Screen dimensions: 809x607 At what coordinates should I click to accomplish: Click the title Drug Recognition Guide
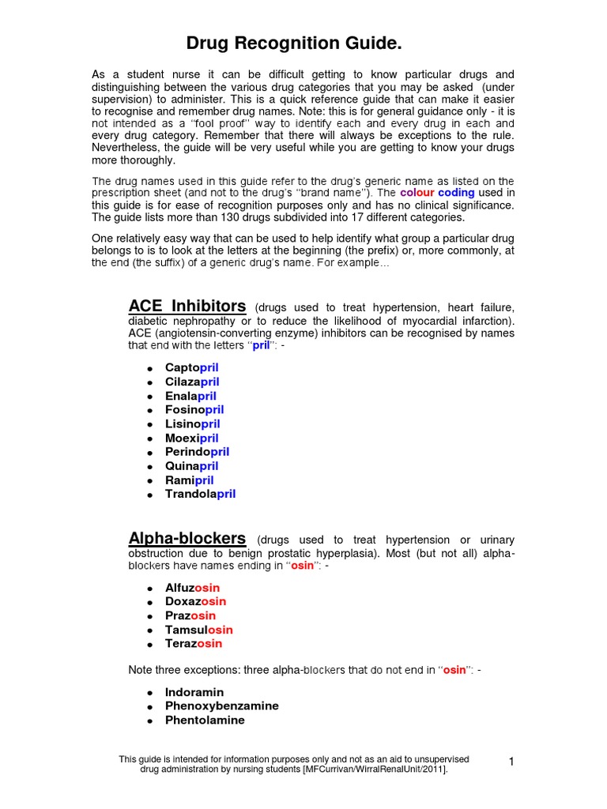tap(303, 43)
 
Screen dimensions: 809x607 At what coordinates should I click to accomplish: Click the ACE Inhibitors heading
tap(187, 306)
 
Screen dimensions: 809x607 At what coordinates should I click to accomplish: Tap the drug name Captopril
tap(191, 367)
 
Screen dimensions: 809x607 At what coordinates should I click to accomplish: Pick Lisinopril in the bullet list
tap(192, 423)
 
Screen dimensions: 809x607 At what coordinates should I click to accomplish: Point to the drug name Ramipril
tap(189, 480)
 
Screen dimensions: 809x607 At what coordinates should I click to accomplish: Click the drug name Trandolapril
tap(200, 494)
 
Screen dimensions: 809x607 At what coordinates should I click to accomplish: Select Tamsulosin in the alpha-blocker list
tap(198, 630)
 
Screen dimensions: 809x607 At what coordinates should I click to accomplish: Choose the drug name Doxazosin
tap(195, 601)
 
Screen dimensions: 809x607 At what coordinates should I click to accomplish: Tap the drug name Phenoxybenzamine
tap(221, 706)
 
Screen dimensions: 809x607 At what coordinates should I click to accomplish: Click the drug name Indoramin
tap(194, 692)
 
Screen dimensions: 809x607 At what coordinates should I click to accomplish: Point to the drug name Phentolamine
tap(205, 720)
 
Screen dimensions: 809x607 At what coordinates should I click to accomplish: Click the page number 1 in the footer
tap(511, 762)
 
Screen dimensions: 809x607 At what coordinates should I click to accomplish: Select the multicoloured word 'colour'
tap(417, 193)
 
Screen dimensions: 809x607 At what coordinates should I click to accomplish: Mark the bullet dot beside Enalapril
tap(149, 397)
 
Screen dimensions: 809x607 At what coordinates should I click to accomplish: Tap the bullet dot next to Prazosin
tap(149, 616)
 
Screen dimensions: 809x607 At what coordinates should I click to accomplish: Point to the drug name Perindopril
tap(197, 452)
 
